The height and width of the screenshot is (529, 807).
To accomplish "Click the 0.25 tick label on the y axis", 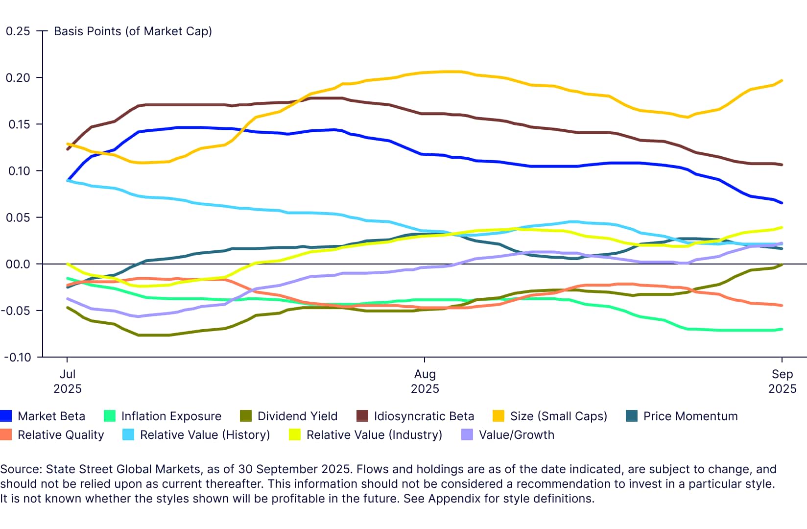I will point(18,31).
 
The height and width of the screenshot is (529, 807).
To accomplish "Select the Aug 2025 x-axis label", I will point(425,382).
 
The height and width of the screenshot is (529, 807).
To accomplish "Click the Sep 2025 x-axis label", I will point(782,382).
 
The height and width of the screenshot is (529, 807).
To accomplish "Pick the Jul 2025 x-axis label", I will point(67,382).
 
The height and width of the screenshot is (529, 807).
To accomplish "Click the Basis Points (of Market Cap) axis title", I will point(133,31).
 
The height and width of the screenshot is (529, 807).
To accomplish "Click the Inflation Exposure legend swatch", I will point(110,416).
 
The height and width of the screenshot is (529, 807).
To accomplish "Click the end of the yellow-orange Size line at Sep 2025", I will point(782,81).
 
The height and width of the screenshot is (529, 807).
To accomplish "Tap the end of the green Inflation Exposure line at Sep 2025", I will point(782,329).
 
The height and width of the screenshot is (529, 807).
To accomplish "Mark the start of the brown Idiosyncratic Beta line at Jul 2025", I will point(68,149).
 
